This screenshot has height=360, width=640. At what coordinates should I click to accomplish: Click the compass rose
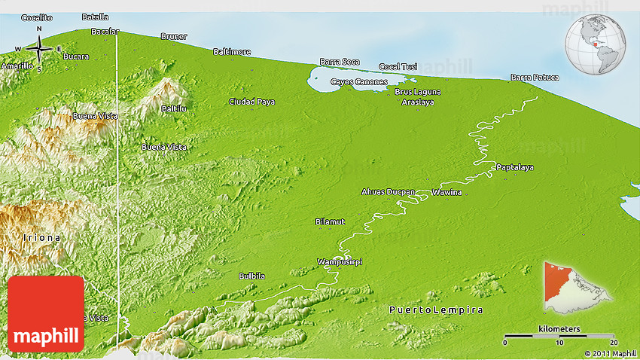[x=38, y=50]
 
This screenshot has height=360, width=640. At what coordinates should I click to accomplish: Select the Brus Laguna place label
[x=418, y=92]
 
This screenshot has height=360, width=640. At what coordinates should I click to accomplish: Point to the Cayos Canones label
[x=359, y=81]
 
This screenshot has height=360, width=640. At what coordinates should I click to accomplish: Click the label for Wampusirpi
[x=339, y=261]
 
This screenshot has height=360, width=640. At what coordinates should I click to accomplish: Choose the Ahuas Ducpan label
[x=389, y=192]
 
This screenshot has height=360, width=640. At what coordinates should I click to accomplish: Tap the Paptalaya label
[x=515, y=167]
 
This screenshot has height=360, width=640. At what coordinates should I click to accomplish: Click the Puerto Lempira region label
[x=436, y=310]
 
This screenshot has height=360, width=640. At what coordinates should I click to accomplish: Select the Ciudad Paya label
[x=252, y=102]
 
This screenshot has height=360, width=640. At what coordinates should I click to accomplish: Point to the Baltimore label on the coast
[x=232, y=52]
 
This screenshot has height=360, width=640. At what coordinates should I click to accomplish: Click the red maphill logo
[x=46, y=313]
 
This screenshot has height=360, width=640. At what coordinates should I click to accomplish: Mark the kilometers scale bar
[x=560, y=335]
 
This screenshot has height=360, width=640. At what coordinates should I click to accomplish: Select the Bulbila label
[x=251, y=276]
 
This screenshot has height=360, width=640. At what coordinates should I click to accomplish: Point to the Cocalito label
[x=37, y=17]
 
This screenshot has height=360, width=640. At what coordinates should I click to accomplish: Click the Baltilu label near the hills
[x=173, y=108]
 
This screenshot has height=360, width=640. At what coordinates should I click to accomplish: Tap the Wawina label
[x=446, y=193]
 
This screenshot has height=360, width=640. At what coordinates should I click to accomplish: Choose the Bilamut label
[x=330, y=222]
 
